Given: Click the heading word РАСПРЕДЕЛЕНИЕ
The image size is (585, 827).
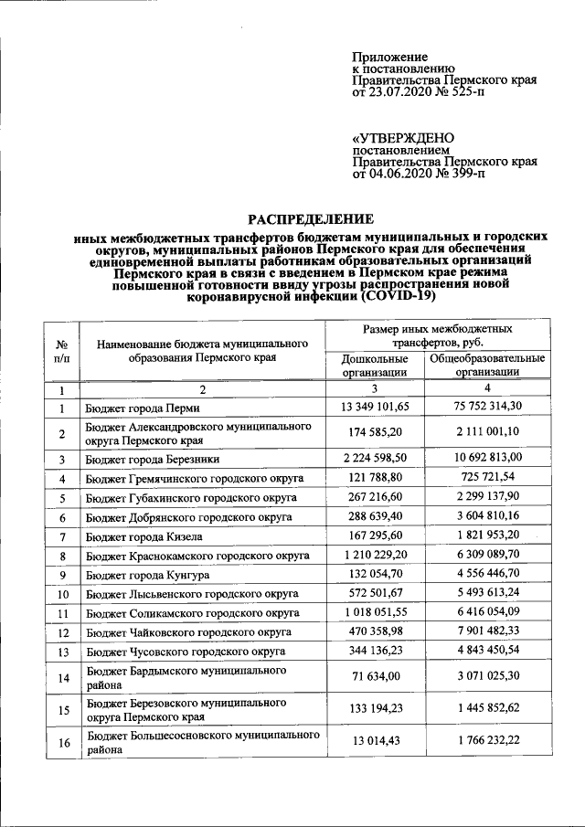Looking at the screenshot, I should pos(312,218).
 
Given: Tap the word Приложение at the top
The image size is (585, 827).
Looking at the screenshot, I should pos(386,58).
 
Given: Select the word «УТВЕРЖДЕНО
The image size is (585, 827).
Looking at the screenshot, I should pos(403,138).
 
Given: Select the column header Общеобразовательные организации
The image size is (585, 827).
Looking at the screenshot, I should pos(488,365).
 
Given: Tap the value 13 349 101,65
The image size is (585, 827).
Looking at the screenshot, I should pos(375,406).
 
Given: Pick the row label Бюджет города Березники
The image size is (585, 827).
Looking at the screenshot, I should pos(152,459).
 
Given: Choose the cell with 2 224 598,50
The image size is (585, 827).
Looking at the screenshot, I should pos(375,458).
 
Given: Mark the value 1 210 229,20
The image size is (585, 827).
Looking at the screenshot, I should pos(375,556).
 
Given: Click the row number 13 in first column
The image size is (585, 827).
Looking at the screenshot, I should pos(62,652).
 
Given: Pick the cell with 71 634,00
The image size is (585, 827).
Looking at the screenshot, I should pos(375,677).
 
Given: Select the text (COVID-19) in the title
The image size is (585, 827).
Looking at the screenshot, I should pos(399,296).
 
